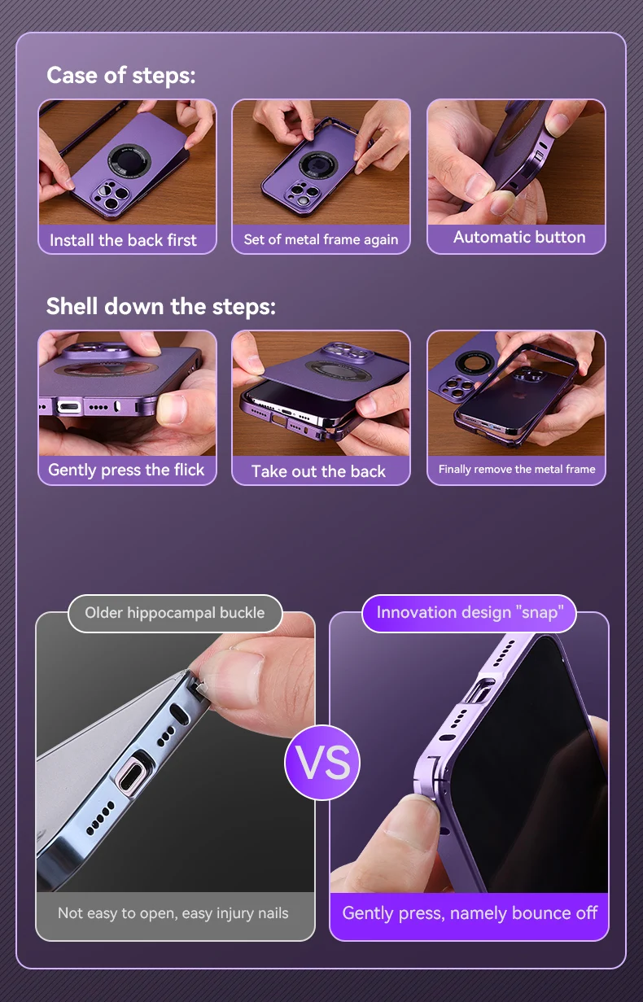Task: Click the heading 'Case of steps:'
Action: pos(121,75)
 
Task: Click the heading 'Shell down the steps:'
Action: pos(161,306)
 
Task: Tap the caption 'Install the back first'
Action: pos(123,240)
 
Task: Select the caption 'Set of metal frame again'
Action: pos(321,240)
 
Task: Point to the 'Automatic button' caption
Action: pos(519,237)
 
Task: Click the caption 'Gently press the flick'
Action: pos(126,470)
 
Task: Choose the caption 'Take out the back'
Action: pos(318,471)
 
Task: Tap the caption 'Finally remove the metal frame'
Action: pos(517,469)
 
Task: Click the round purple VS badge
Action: pos(322,763)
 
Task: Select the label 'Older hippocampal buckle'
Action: pos(175,613)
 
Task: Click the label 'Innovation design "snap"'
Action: pos(470,612)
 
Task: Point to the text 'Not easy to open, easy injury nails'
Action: pos(173,913)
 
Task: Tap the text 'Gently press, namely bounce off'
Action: pos(470,913)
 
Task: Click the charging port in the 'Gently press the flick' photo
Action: pos(69,407)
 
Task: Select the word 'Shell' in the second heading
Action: pos(72,306)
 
